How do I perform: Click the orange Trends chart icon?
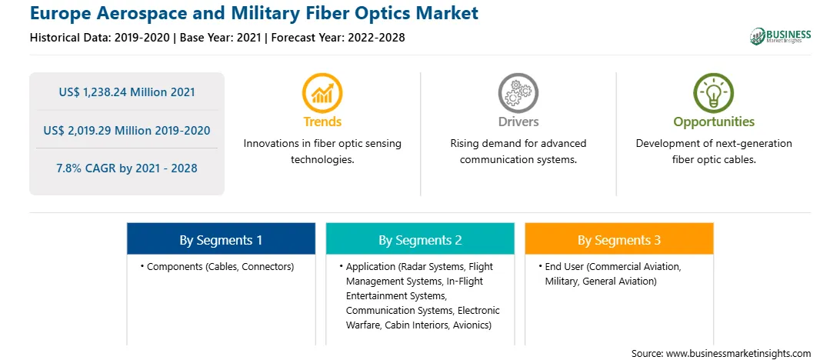322,92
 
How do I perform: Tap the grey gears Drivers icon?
518,92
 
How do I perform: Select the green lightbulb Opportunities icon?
714,92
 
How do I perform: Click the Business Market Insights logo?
781,36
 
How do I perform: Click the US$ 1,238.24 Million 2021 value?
127,92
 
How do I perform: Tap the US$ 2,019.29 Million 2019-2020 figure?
127,130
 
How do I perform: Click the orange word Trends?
322,122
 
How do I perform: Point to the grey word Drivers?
518,122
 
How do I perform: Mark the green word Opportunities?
714,122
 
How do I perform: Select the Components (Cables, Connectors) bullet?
217,266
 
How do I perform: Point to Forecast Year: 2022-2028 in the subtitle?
336,38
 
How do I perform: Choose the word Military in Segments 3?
561,281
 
